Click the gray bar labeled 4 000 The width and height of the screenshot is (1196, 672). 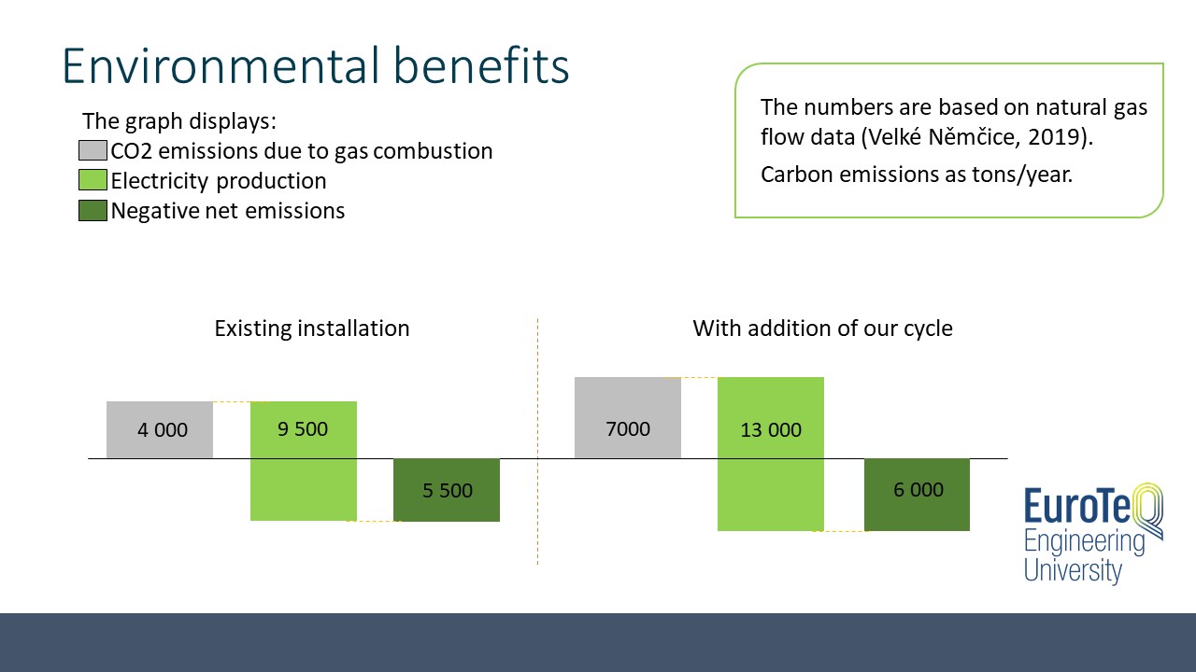(x=160, y=430)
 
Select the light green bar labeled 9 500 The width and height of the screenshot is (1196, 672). (x=304, y=461)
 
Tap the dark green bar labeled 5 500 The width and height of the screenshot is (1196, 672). (x=447, y=490)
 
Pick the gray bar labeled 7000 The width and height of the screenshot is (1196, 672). (x=628, y=417)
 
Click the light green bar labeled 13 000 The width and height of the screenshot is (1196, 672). (x=771, y=454)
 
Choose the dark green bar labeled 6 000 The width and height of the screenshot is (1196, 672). (x=917, y=495)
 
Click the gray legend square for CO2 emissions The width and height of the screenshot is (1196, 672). (x=93, y=150)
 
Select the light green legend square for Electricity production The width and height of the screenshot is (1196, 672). (x=93, y=180)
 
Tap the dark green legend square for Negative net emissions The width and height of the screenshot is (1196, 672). (x=93, y=210)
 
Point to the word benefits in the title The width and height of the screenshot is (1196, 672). (x=481, y=65)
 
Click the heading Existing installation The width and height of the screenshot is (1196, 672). (x=312, y=329)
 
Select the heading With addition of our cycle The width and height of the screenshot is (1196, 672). (x=823, y=329)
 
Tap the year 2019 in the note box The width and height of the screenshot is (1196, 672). (x=1055, y=137)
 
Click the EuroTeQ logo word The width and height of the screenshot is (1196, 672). (x=1092, y=504)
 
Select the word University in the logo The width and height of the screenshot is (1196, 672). (x=1073, y=570)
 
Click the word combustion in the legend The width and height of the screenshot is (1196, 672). (x=433, y=151)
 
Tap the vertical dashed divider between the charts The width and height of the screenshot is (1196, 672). (x=537, y=441)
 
